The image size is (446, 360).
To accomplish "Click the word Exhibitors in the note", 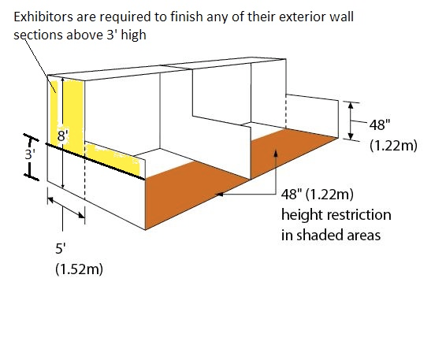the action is tap(43, 17).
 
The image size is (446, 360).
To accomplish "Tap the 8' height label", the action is tap(63, 136).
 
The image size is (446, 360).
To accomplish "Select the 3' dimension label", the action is tap(30, 154).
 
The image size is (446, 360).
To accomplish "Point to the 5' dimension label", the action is tap(61, 249).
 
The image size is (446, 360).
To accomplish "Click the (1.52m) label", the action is tap(79, 269).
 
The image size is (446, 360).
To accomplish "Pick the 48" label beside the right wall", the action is tap(380, 124).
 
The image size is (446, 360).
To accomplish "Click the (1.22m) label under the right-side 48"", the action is tap(393, 145).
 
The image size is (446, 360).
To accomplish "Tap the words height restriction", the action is tap(336, 215).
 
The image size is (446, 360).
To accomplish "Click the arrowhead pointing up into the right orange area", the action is tap(275, 153).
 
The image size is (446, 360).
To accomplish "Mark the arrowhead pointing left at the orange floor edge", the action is tap(219, 195).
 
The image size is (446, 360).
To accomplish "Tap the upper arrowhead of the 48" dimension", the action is tap(351, 106).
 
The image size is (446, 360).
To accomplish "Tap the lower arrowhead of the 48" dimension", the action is tap(351, 136).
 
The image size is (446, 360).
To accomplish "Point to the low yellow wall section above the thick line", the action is tap(113, 158).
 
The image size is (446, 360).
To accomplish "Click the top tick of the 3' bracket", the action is tap(32, 137).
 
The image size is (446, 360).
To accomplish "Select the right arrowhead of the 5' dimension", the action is tap(81, 215).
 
